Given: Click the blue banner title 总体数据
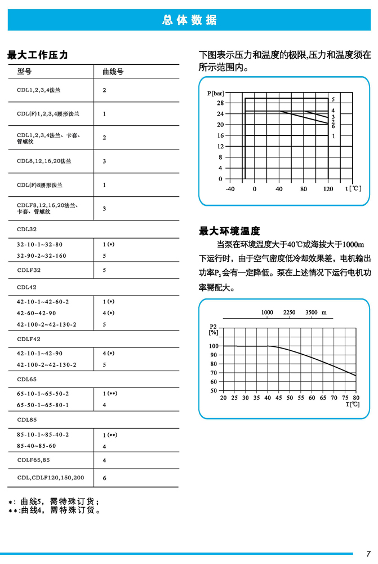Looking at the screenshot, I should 189,20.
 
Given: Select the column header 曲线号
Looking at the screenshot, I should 113,72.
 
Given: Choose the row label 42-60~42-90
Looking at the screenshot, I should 37,313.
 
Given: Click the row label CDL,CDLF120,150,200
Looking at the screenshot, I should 50,478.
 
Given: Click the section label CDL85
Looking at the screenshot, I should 26,420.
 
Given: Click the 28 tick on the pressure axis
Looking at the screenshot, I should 220,103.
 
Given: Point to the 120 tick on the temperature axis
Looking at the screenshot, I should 328,189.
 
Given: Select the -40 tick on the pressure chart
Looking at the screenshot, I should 230,189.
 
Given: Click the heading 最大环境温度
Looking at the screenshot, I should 229,231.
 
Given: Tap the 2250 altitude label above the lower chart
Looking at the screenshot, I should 289,312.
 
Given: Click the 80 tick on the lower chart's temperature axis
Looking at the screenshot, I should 355,398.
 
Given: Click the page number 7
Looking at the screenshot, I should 368,553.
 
